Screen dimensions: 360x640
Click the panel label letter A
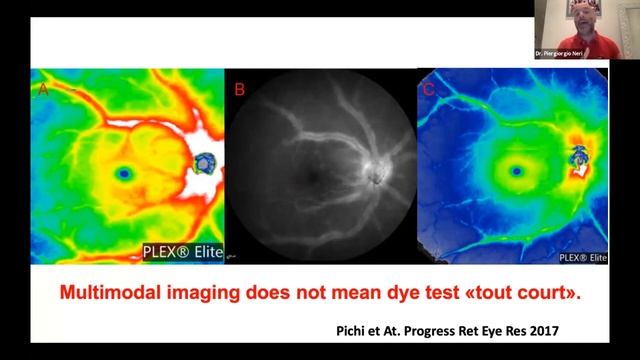43,88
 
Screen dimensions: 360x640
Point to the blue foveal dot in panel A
124,173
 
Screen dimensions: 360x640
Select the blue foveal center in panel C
516,171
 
